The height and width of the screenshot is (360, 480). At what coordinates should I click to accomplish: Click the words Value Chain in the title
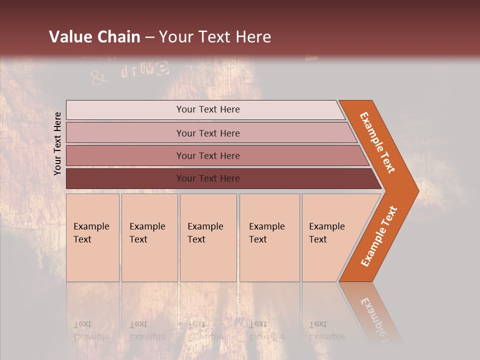click(94, 37)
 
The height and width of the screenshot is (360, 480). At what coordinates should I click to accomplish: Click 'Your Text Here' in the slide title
click(215, 37)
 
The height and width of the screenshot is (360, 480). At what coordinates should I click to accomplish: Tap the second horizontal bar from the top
click(207, 133)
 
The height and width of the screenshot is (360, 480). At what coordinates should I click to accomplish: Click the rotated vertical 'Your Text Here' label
click(57, 144)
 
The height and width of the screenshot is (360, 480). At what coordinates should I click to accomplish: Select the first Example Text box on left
click(92, 237)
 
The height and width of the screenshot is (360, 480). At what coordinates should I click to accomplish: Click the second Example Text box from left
click(149, 237)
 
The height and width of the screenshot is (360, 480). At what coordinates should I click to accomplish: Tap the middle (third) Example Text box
click(208, 237)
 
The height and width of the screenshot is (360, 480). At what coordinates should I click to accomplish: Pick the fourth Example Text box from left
click(269, 237)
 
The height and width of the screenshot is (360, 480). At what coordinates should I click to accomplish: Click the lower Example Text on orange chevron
click(379, 236)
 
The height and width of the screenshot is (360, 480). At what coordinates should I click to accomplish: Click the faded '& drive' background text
click(130, 73)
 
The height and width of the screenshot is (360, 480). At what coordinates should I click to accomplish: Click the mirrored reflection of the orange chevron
click(372, 312)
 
